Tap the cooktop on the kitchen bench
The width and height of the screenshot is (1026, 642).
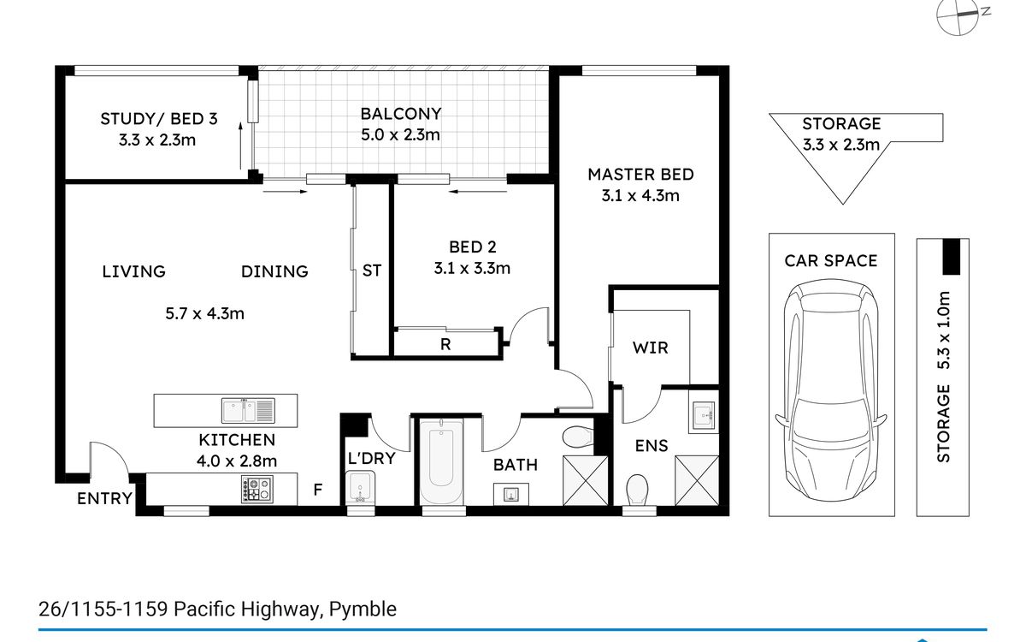tap(257, 490)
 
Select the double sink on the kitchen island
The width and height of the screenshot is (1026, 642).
tap(248, 410)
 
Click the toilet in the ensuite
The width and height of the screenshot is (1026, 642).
tap(637, 490)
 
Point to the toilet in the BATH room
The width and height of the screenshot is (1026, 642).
tap(578, 437)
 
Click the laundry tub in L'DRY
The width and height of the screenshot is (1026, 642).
tap(361, 487)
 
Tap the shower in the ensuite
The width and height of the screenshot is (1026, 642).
tap(697, 480)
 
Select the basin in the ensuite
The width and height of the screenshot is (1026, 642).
tap(704, 415)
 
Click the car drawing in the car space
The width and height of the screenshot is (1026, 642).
tap(831, 390)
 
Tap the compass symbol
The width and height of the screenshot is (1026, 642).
tap(961, 17)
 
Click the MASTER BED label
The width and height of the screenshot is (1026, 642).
tap(640, 175)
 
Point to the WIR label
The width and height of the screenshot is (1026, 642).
tap(651, 348)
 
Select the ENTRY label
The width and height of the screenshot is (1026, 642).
tap(105, 498)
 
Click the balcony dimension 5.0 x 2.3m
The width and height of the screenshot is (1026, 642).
tap(400, 135)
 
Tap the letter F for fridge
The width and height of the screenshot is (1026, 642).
tap(318, 490)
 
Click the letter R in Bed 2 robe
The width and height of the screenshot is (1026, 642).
tap(445, 344)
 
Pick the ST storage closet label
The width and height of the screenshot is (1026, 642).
tap(371, 270)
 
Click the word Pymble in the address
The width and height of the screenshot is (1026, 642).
tap(363, 609)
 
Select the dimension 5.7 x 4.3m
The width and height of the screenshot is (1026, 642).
tap(204, 313)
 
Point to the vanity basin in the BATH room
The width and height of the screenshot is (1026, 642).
tap(511, 494)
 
